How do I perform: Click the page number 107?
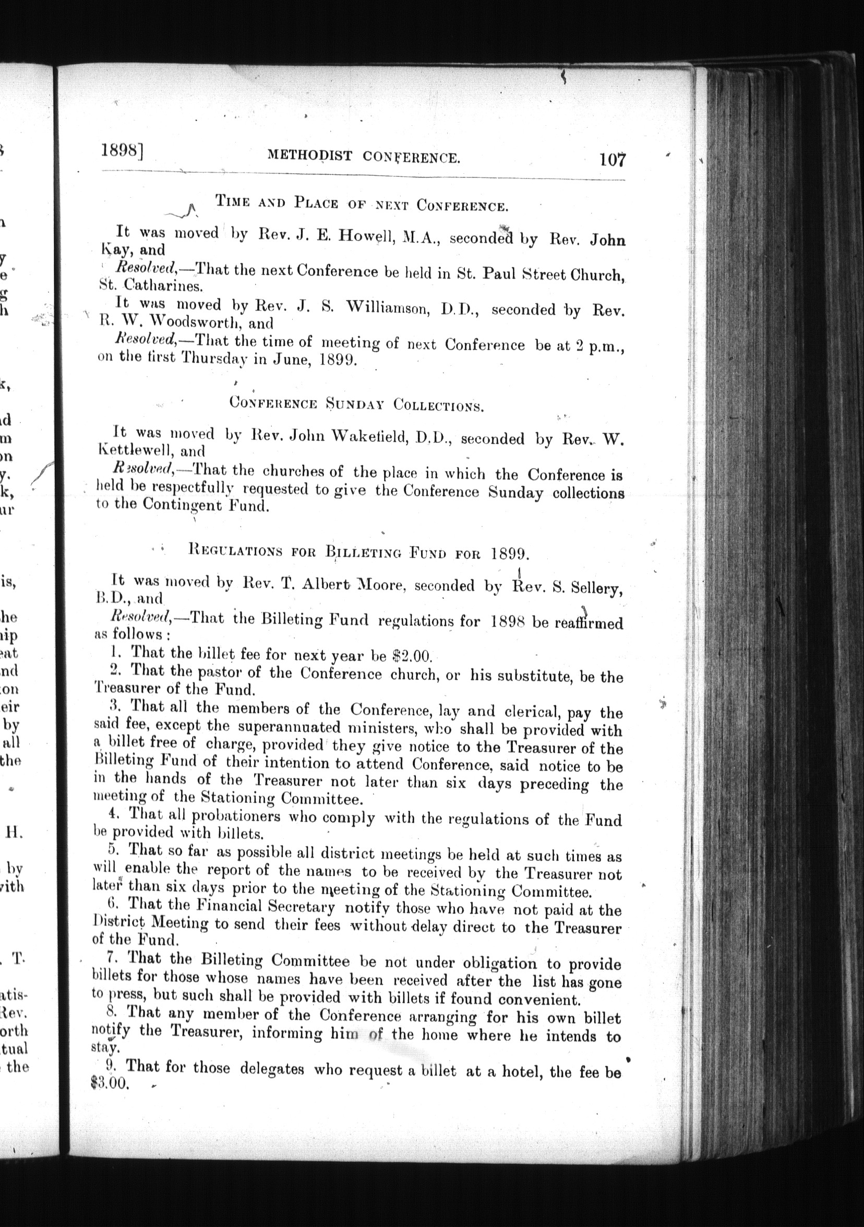612,160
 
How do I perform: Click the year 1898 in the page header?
119,152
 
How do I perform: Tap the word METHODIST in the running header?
310,155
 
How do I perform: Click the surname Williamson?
388,307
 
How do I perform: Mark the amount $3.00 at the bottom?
110,1082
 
